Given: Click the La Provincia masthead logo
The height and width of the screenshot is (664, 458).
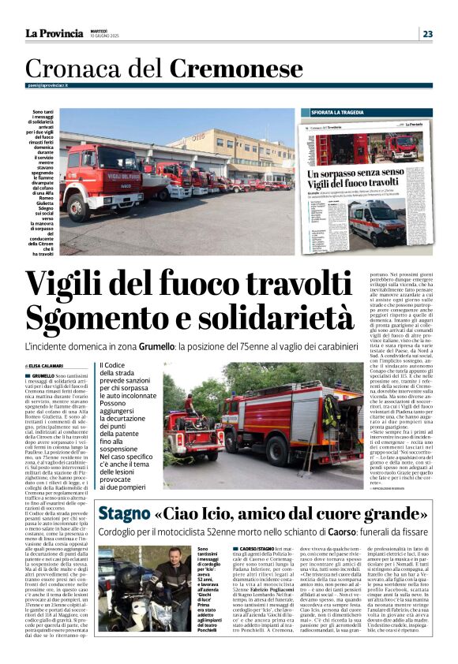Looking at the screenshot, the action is [54, 33].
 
